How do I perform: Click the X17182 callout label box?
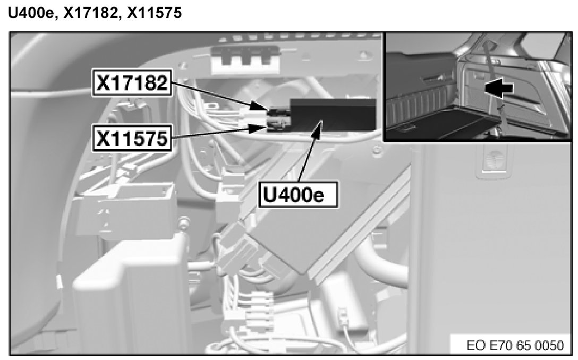(x=132, y=83)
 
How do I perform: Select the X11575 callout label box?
(x=132, y=138)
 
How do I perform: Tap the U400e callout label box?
(x=298, y=194)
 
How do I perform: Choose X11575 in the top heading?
(x=154, y=13)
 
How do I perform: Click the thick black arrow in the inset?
(x=498, y=88)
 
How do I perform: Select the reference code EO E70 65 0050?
(x=515, y=345)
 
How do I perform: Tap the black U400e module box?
(x=333, y=114)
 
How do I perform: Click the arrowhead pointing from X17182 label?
(x=259, y=107)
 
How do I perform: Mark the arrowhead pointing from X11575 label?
(x=258, y=128)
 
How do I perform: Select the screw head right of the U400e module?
(x=376, y=150)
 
